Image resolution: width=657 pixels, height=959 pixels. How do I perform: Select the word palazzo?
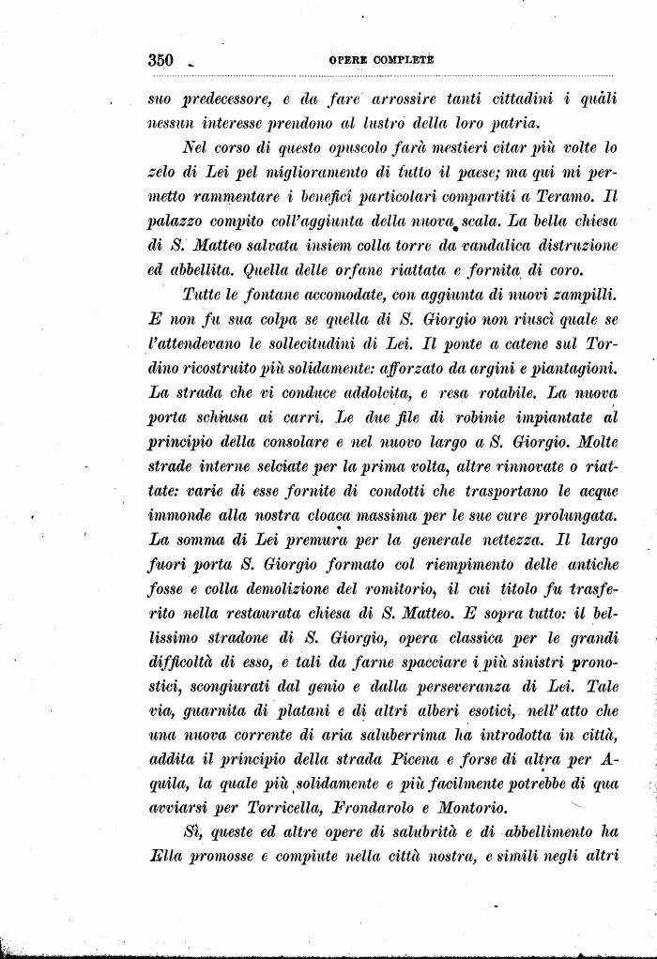[x=178, y=221]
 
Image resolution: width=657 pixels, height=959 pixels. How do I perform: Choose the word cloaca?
[x=348, y=515]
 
